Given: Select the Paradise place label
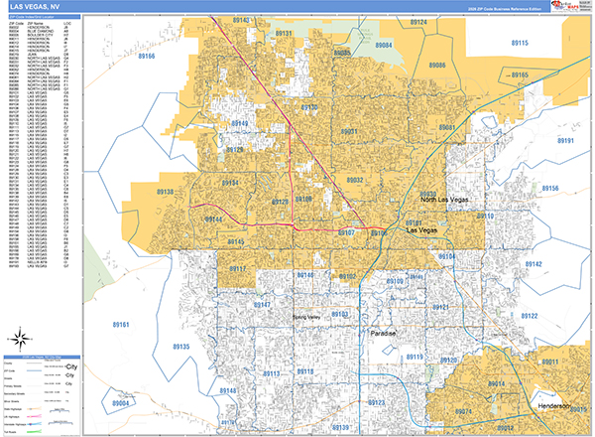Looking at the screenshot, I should pos(383,334).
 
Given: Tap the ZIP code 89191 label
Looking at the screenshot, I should pos(566,141).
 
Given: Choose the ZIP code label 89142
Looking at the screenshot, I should pos(534,264).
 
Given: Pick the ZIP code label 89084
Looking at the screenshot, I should pos(384,46).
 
